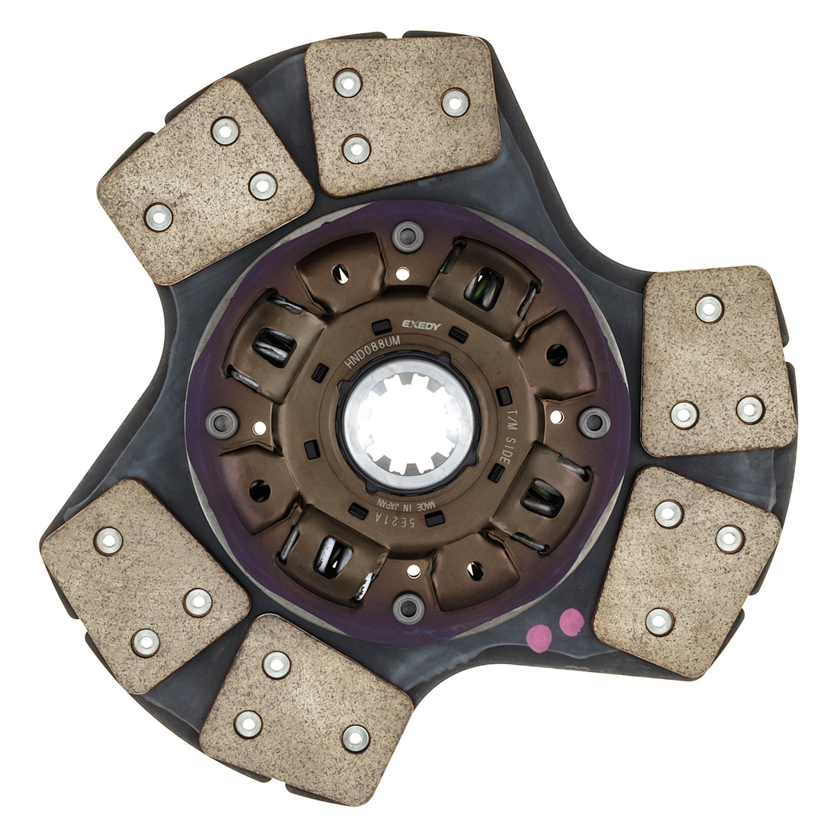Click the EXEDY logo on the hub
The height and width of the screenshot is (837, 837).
coord(421,325)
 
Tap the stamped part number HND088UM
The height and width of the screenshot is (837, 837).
coord(372,352)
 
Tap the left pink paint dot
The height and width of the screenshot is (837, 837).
coord(538,638)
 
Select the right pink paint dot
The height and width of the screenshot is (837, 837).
coord(571,622)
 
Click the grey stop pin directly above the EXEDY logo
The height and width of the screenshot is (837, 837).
coord(407,236)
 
